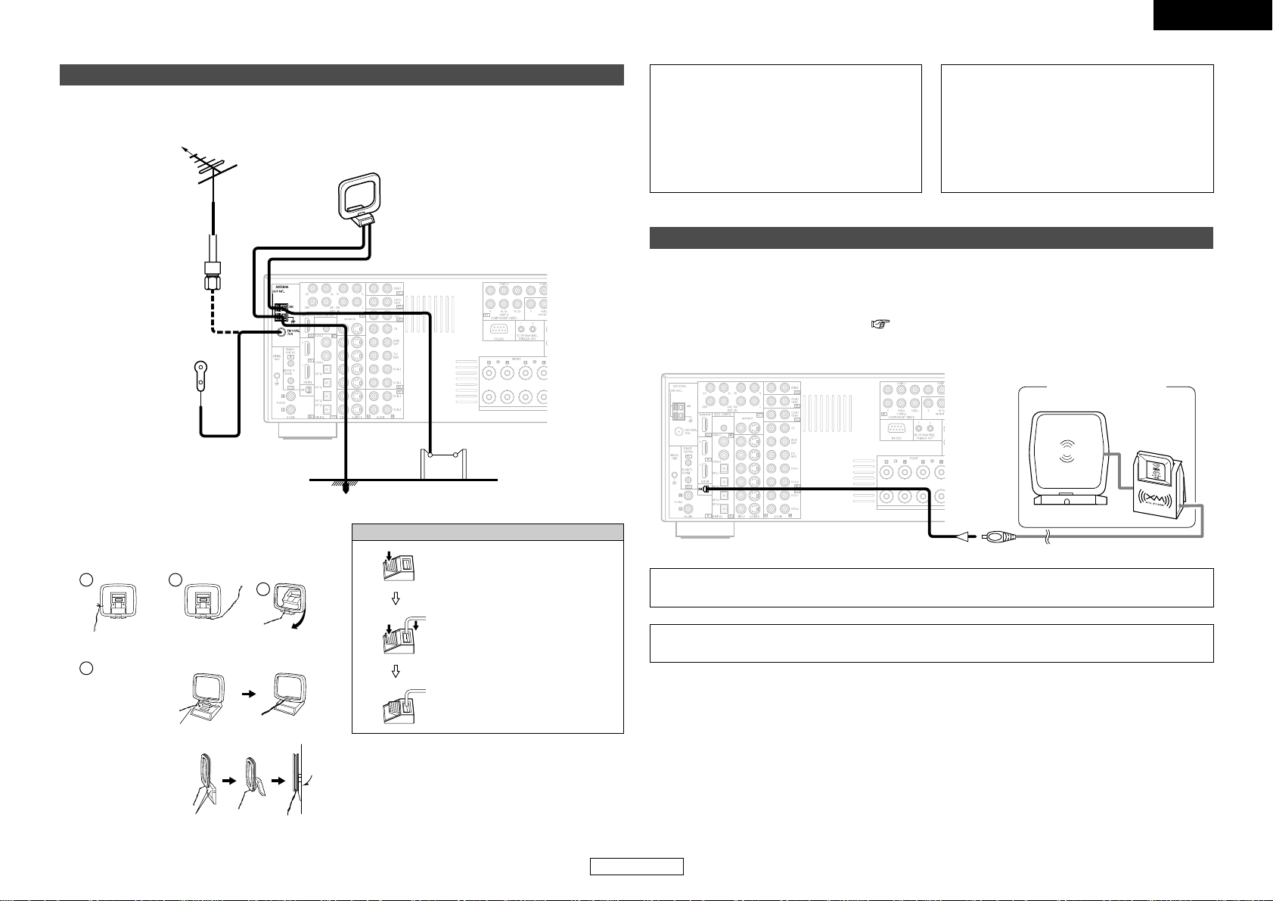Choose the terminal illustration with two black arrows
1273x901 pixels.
[x=400, y=619]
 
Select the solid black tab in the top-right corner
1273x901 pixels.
[x=1212, y=14]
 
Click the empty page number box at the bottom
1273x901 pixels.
[x=637, y=867]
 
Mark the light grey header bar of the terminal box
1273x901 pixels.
[x=487, y=532]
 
